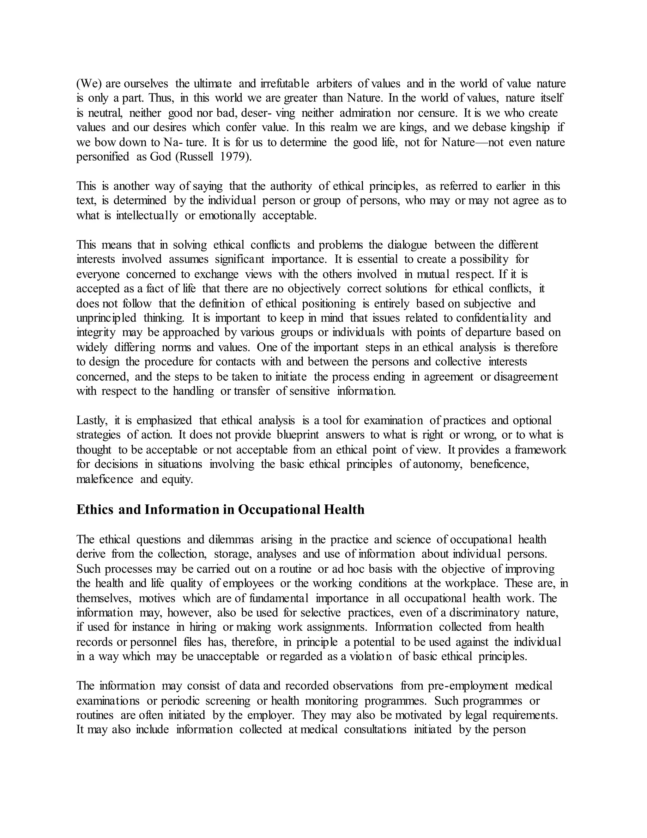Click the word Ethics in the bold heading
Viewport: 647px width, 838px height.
[95, 509]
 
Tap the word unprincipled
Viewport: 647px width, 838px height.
[106, 318]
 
